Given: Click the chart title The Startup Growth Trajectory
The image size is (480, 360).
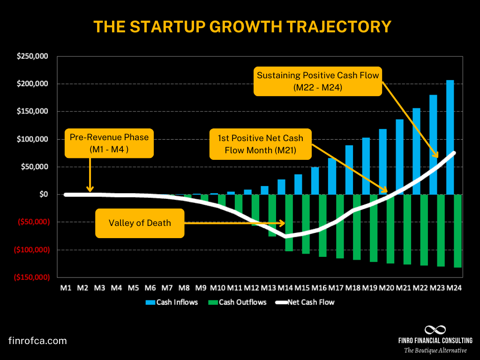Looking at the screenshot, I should click(242, 26).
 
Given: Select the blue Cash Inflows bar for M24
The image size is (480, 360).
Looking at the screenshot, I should click(450, 137).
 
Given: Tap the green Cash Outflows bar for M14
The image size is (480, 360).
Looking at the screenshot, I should click(289, 223).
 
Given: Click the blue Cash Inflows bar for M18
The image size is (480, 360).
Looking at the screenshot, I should click(349, 170).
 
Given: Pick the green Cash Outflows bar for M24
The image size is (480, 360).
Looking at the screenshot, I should click(458, 231).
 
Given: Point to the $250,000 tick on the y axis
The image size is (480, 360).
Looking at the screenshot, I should click(32, 56).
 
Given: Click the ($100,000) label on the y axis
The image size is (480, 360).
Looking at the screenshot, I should click(33, 249).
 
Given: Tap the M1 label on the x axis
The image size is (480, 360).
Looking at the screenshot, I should click(66, 288).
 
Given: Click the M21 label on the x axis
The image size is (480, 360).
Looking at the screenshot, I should click(404, 288).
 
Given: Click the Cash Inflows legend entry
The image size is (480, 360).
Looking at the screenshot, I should click(172, 302).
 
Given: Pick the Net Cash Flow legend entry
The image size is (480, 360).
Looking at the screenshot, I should click(306, 302).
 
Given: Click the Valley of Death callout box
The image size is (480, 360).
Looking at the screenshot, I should click(140, 223).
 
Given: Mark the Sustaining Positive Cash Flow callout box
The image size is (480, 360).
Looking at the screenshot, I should click(317, 81).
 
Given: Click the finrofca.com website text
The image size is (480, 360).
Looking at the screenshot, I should click(38, 341).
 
